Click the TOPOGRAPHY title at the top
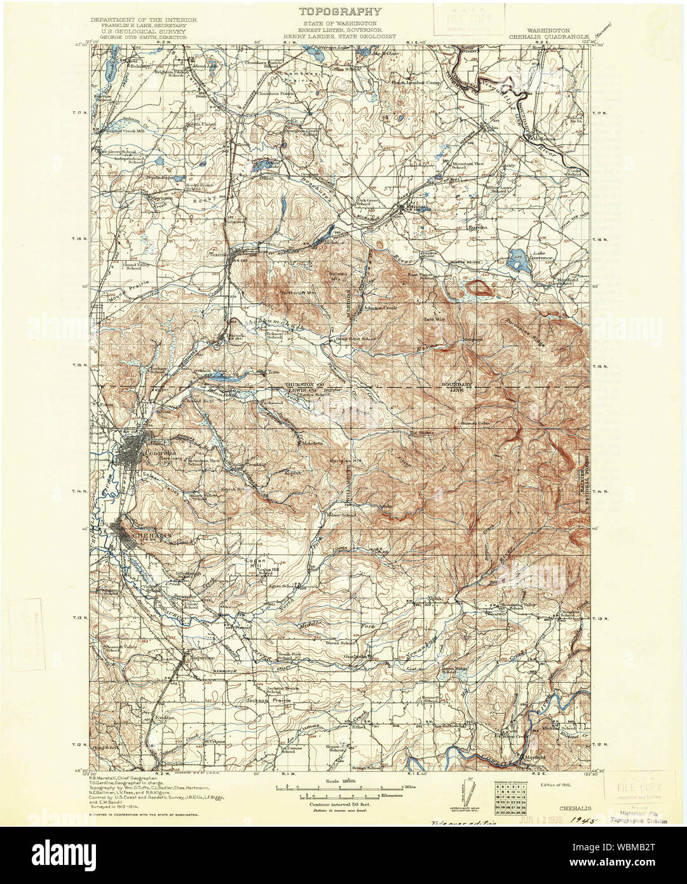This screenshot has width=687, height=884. click(x=341, y=11)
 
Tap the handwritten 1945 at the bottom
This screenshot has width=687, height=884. click(x=585, y=822)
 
